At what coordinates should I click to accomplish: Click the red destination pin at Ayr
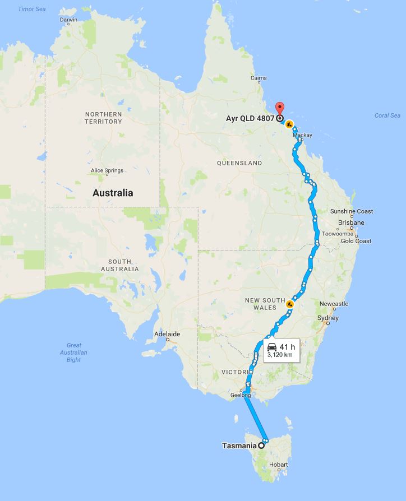280,108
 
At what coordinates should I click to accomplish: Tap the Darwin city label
68,20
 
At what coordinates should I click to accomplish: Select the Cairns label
258,78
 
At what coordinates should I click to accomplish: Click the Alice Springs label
107,171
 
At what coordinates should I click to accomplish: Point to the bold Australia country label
113,193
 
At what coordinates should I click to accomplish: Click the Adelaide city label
167,335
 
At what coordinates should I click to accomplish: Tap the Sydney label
328,318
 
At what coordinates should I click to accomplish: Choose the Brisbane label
351,222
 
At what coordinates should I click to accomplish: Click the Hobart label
278,465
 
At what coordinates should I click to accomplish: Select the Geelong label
239,395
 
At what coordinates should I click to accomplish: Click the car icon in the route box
272,346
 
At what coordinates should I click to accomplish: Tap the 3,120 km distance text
280,355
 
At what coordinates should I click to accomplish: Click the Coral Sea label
387,116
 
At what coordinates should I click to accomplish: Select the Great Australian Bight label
73,352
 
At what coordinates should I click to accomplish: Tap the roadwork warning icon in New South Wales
290,304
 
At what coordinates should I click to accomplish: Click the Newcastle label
334,304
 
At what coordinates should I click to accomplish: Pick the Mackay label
302,136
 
